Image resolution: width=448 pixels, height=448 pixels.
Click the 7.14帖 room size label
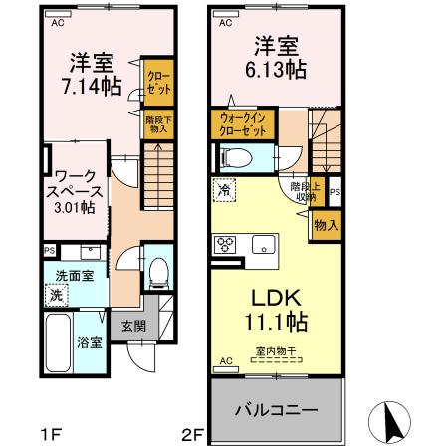pyautogui.click(x=92, y=87)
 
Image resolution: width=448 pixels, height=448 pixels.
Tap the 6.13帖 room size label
pyautogui.click(x=276, y=69)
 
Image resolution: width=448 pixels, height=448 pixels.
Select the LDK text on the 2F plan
pyautogui.click(x=276, y=298)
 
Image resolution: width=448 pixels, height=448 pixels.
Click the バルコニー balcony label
pyautogui.click(x=276, y=410)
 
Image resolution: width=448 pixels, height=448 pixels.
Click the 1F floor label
pyautogui.click(x=51, y=434)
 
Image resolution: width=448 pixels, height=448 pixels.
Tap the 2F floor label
pyautogui.click(x=192, y=434)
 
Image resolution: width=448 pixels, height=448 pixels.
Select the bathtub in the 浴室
pyautogui.click(x=58, y=342)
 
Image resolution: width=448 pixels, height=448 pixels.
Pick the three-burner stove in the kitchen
pyautogui.click(x=225, y=244)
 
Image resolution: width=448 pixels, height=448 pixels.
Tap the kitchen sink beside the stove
pyautogui.click(x=264, y=244)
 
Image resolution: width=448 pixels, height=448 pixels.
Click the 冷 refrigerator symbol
pyautogui.click(x=224, y=190)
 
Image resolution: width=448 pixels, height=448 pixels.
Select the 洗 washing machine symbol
pyautogui.click(x=57, y=295)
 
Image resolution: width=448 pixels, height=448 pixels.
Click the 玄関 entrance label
pyautogui.click(x=133, y=326)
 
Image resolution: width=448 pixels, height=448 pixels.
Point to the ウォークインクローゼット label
pyautogui.click(x=243, y=124)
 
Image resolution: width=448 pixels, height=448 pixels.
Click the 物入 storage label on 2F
pyautogui.click(x=327, y=225)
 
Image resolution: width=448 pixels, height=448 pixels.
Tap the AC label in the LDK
pyautogui.click(x=226, y=361)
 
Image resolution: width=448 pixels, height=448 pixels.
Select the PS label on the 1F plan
pyautogui.click(x=50, y=251)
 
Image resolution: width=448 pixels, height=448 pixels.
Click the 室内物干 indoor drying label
pyautogui.click(x=276, y=351)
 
